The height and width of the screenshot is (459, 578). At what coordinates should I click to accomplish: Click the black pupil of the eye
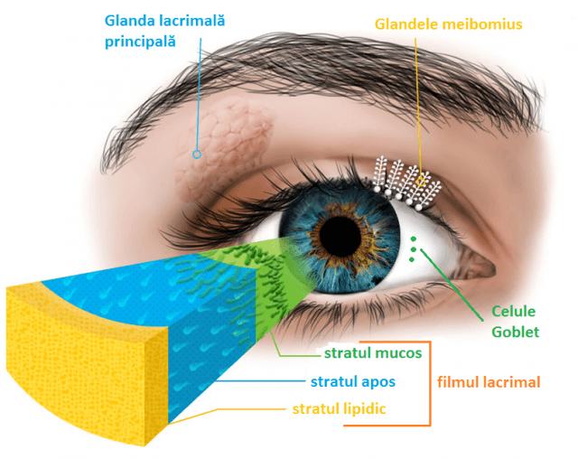pos(340,235)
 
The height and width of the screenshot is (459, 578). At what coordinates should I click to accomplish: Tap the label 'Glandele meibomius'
pos(449,24)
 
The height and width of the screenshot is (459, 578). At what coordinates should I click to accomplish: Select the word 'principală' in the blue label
pos(140,42)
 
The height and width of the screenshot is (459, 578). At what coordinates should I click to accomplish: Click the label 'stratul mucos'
pos(373,352)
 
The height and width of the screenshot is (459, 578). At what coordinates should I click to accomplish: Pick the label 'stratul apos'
pos(353,381)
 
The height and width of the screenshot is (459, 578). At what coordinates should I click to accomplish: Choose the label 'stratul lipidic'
pos(340,409)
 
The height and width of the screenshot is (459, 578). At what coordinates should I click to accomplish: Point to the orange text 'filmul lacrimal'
pos(489,382)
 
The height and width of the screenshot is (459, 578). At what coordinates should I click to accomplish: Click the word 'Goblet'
pos(516,332)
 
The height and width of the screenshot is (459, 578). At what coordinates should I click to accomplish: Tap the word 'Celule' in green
pos(514,312)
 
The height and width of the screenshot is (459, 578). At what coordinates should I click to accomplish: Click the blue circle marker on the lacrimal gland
pos(197,155)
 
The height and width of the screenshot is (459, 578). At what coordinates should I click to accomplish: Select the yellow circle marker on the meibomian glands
pos(421,182)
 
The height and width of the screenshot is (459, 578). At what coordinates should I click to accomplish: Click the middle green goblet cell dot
pos(414,249)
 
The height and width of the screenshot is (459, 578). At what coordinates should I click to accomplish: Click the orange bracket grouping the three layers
pos(430,383)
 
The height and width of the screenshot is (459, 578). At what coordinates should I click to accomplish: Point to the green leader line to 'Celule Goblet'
pos(452,285)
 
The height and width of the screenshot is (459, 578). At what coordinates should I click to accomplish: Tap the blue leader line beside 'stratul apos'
pos(260,380)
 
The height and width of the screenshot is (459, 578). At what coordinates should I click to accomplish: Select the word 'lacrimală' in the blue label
pos(192,20)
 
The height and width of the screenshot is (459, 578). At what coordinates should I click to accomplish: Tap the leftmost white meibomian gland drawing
pos(380,174)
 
